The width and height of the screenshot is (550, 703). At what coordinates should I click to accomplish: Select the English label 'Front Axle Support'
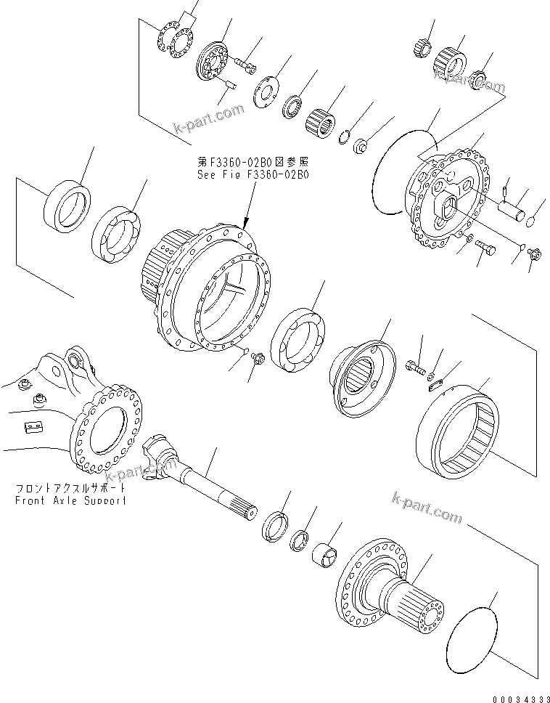[x=71, y=501]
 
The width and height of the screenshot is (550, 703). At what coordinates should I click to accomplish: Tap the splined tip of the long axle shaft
[x=256, y=513]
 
